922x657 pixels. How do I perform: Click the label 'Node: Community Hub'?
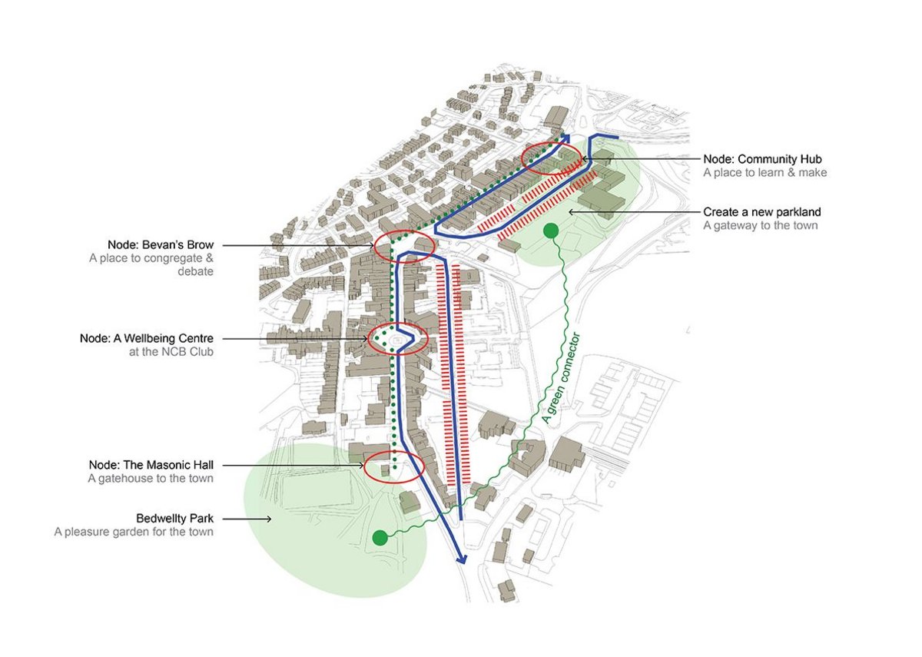point(762,159)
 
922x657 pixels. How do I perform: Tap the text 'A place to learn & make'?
point(764,172)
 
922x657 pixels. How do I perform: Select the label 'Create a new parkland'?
point(762,212)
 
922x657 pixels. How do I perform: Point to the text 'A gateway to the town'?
point(760,226)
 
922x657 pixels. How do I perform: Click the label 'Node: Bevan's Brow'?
point(161,245)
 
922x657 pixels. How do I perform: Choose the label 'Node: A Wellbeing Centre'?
point(147,338)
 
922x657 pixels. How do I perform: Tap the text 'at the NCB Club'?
point(171,352)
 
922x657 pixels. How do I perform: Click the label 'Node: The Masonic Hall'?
point(151,465)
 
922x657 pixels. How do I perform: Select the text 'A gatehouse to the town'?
point(151,478)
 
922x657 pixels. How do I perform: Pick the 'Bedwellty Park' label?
point(175,518)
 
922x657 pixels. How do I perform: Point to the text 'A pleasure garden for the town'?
point(134,532)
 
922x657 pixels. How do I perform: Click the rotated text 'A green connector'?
point(561,378)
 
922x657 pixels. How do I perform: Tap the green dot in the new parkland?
point(551,231)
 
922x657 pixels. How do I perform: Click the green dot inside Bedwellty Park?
point(380,538)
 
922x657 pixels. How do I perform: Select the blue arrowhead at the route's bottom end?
point(462,559)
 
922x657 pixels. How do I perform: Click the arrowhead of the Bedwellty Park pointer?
point(269,519)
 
